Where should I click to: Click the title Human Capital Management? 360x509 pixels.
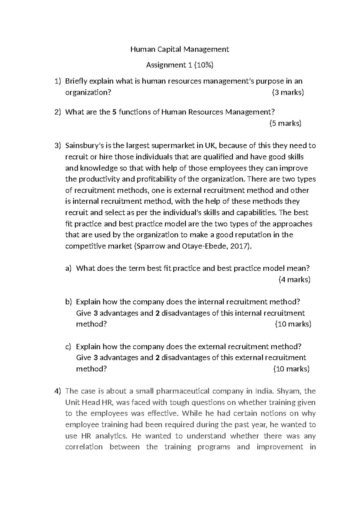179,49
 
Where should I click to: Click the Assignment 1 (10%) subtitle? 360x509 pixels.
179,65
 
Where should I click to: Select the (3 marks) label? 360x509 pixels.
288,92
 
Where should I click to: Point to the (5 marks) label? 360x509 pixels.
285,123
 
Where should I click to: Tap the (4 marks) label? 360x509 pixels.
294,280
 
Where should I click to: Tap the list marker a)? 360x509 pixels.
68,268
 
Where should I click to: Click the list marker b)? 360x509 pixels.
68,302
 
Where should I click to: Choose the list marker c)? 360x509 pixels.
68,347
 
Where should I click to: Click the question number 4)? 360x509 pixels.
58,391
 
